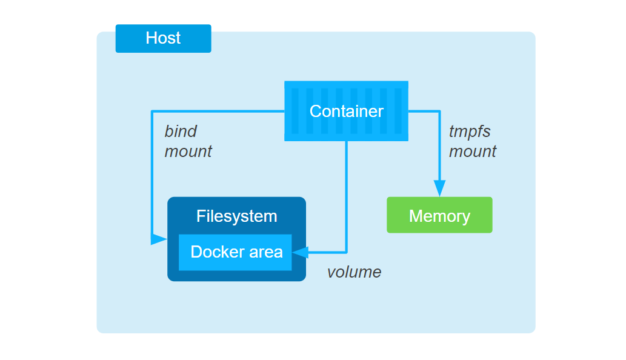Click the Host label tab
pos(163,38)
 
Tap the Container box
pos(346,111)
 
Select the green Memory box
pos(439,215)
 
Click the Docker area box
pos(235,252)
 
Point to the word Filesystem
pos(236,216)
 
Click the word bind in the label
pos(181,131)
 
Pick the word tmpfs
pos(470,131)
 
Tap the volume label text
pos(354,272)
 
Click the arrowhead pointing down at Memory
pos(439,188)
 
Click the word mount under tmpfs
pos(472,152)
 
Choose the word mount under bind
pos(188,152)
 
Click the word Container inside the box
pos(346,112)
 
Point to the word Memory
pos(439,216)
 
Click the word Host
pos(163,38)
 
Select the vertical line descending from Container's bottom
pos(346,194)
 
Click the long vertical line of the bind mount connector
pos(152,176)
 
